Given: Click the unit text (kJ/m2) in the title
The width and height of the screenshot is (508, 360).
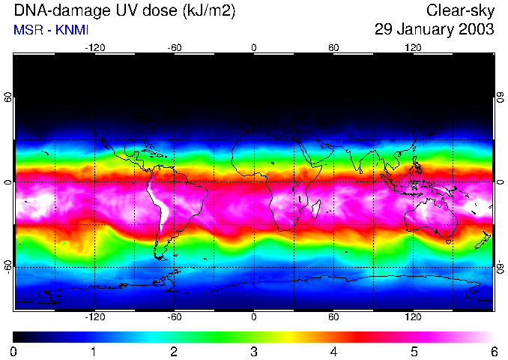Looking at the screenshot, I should [211, 11].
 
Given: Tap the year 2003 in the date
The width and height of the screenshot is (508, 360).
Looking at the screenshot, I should [477, 30].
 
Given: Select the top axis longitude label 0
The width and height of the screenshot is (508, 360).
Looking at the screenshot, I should [254, 47].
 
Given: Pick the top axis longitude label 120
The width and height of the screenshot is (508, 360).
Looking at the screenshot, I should [413, 47].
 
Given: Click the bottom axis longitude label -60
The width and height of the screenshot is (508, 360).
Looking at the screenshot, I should [174, 316].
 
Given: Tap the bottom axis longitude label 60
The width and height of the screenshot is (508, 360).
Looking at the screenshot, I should [333, 316].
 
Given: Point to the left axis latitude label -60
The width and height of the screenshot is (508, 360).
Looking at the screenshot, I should [8, 266].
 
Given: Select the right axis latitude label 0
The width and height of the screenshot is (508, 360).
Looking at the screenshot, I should [500, 182].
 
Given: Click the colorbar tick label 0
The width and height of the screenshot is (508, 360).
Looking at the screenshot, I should [14, 351].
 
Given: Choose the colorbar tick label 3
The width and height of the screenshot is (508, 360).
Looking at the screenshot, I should [254, 351].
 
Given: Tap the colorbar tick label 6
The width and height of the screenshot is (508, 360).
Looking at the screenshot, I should [493, 351].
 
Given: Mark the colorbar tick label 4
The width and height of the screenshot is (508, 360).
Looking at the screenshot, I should [333, 351].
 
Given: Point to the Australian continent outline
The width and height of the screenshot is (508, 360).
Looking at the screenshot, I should [431, 217].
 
